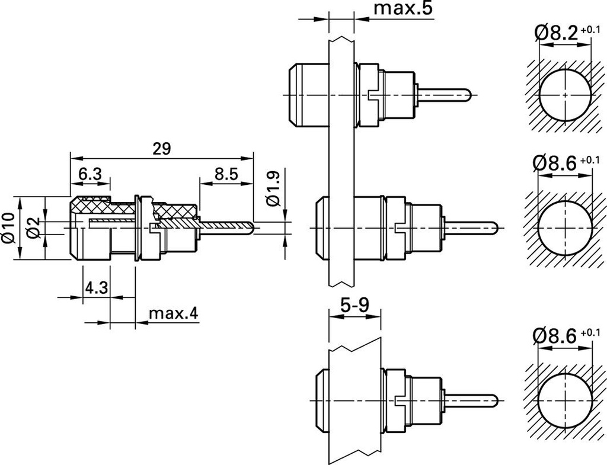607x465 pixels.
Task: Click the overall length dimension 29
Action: click(x=161, y=149)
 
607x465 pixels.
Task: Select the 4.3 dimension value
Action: click(x=97, y=288)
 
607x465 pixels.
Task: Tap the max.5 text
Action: click(x=403, y=9)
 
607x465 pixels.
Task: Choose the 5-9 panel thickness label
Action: click(x=354, y=306)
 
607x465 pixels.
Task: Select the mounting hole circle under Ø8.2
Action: click(x=565, y=95)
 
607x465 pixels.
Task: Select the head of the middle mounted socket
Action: click(x=318, y=228)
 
